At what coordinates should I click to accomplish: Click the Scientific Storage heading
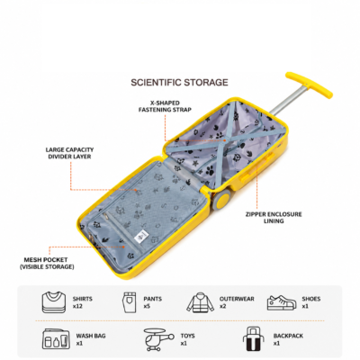(x=179, y=82)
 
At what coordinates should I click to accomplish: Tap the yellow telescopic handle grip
(x=309, y=85)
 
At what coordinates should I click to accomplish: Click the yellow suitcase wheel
(x=222, y=200)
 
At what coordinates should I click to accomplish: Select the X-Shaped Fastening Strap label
(x=165, y=106)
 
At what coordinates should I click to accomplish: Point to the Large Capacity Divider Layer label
(x=69, y=153)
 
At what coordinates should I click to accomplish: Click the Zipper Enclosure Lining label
(x=274, y=218)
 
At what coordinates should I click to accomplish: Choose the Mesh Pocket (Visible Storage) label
(x=47, y=263)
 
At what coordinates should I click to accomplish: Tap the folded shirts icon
(x=54, y=301)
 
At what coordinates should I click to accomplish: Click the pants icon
(x=130, y=302)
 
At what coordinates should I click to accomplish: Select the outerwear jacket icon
(x=201, y=302)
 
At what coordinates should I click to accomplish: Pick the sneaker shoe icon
(x=282, y=302)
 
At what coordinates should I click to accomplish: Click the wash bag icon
(x=56, y=338)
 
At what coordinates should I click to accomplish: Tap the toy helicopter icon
(x=158, y=339)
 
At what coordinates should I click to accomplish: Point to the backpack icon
(x=255, y=338)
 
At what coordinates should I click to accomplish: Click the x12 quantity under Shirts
(x=77, y=306)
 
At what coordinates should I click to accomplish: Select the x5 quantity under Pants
(x=147, y=306)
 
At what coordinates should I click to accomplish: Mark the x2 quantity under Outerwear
(x=223, y=306)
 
